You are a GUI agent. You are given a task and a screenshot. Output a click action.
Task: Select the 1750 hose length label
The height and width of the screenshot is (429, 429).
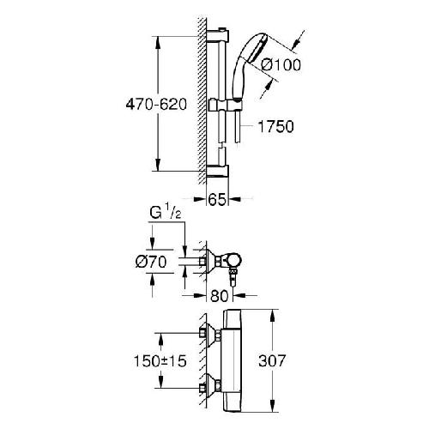[x=272, y=127]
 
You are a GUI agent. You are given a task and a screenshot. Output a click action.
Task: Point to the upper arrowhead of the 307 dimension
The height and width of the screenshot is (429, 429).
[x=273, y=314]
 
